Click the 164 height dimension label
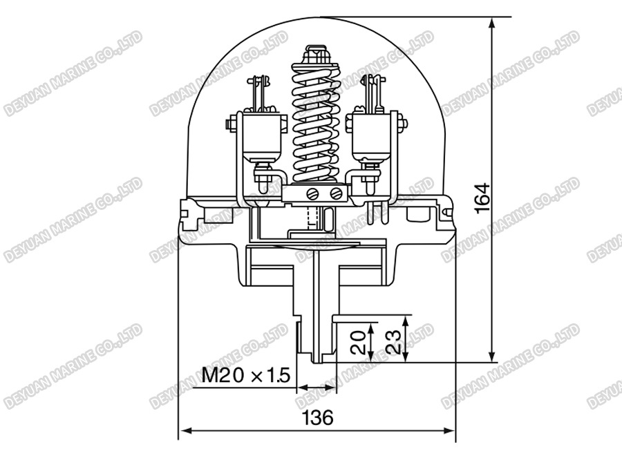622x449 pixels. pos(483,197)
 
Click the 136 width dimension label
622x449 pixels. pos(318,417)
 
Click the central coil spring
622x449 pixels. pos(317,124)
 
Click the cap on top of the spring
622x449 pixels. pos(316,55)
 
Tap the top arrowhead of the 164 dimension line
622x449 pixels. pos(491,22)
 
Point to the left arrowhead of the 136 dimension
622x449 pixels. pos(184,433)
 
